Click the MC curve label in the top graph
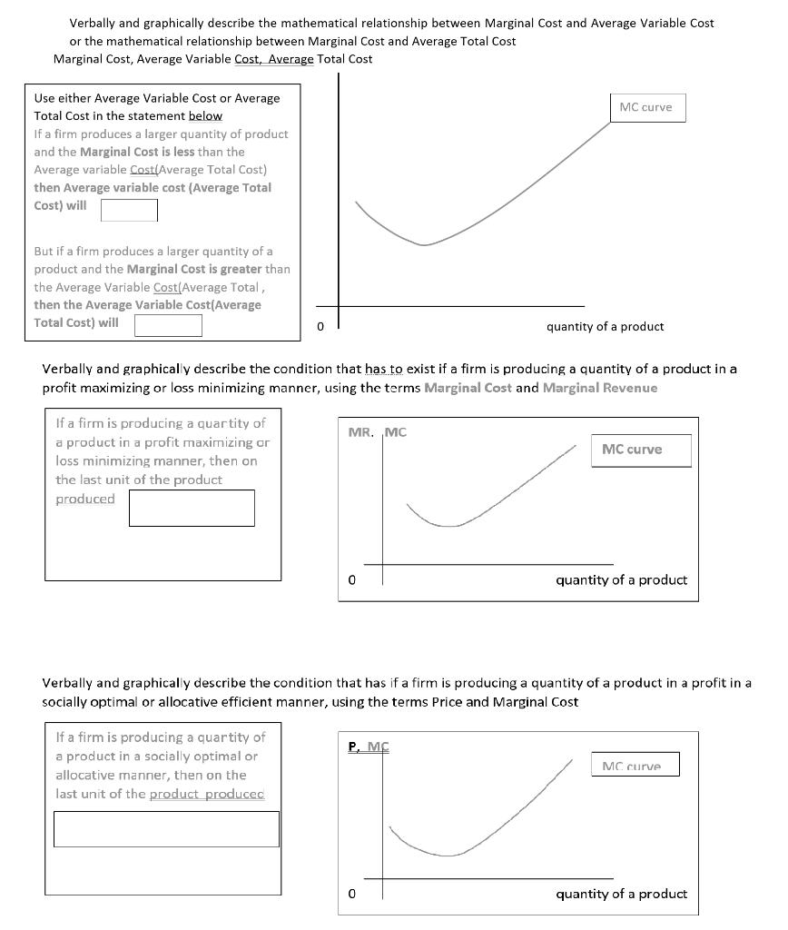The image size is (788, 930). tap(645, 107)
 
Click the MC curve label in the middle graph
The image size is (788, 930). tap(632, 450)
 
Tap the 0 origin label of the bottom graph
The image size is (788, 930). tap(351, 895)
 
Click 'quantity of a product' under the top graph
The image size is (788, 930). tap(605, 327)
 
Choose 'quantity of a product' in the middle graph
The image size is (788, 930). tap(621, 580)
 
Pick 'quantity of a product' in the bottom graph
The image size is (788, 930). tap(621, 895)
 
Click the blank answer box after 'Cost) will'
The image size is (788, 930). tap(129, 210)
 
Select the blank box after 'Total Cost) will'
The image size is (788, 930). tap(168, 325)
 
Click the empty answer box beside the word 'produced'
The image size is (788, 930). tap(192, 508)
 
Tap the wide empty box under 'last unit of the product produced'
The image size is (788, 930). tap(166, 829)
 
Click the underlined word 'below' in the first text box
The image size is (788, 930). tap(205, 116)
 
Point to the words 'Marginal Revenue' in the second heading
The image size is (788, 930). tap(600, 388)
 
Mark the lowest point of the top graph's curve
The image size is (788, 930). tap(422, 244)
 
